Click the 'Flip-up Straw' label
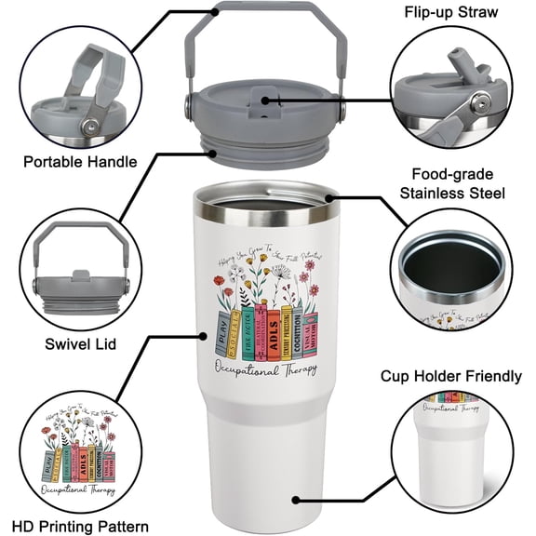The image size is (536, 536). point(449,13)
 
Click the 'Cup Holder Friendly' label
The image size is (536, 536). point(451,376)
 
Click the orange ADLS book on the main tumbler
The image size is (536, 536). point(273,328)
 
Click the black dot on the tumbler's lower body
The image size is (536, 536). point(295,499)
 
